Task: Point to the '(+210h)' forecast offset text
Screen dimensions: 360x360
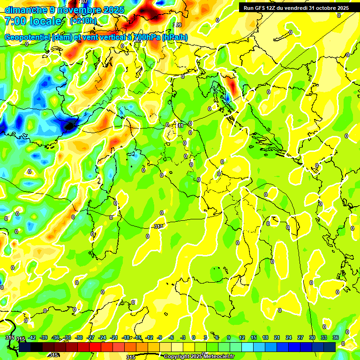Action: [x=83, y=21]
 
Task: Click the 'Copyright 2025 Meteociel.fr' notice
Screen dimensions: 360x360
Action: [x=199, y=356]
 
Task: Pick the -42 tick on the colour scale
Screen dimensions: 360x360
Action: [x=32, y=337]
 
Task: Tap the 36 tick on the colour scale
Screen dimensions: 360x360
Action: [x=336, y=337]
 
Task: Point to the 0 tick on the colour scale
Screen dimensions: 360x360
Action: [x=194, y=337]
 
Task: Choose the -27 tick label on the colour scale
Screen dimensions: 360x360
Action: [x=91, y=337]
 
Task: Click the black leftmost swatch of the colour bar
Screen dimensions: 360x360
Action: [x=25, y=347]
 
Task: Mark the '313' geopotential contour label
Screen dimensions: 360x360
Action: [x=158, y=226]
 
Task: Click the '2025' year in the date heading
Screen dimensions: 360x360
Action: [x=113, y=10]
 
